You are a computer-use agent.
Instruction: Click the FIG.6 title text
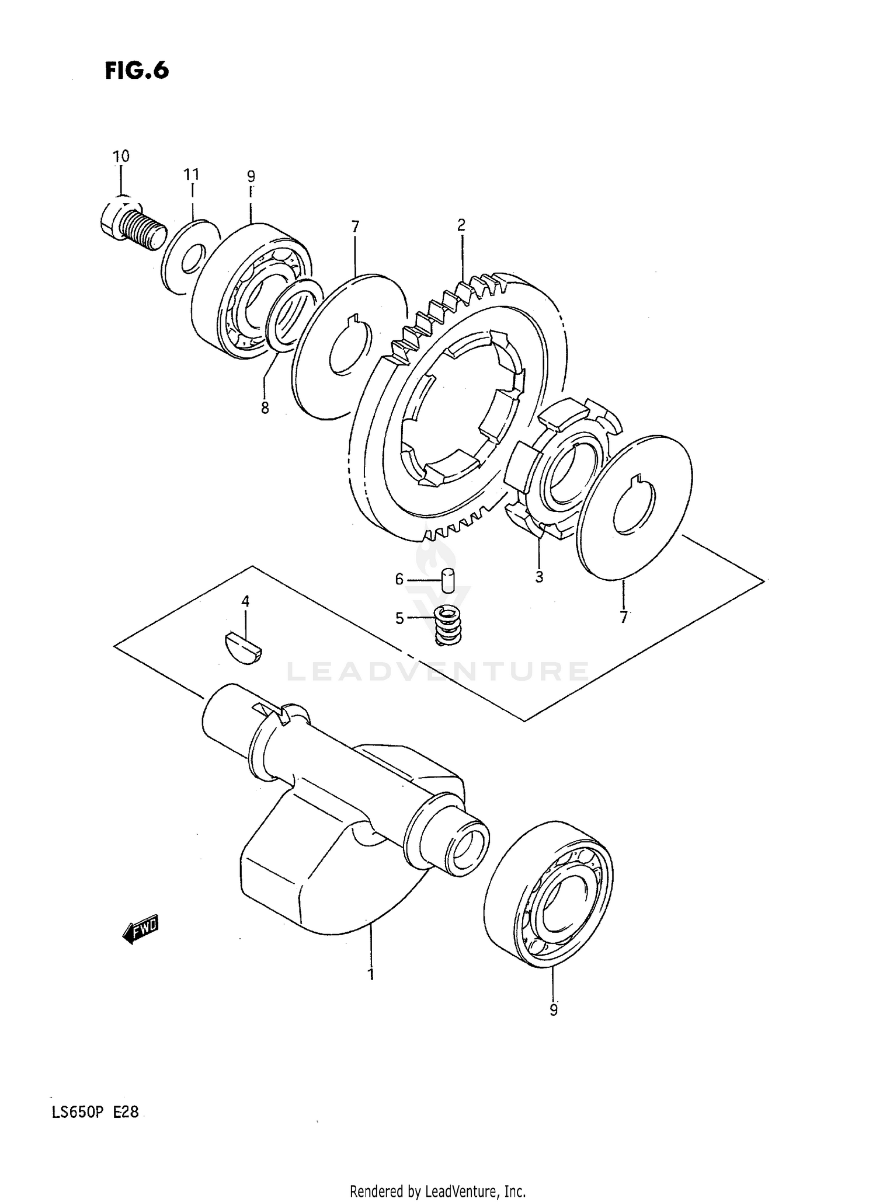(x=137, y=70)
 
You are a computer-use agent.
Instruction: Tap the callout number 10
(x=121, y=156)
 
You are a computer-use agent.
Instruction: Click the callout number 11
(x=192, y=175)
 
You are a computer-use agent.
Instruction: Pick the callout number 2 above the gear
(x=461, y=225)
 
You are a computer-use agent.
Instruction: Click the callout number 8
(x=265, y=408)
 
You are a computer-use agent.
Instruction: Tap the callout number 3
(x=539, y=577)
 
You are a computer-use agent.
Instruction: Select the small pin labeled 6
(x=449, y=580)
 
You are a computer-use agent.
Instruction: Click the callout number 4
(x=245, y=601)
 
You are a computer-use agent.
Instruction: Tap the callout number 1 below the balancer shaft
(x=370, y=974)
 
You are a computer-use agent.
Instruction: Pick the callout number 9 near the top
(x=251, y=176)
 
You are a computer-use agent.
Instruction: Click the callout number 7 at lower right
(x=624, y=617)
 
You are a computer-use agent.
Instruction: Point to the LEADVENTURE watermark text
(x=438, y=672)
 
